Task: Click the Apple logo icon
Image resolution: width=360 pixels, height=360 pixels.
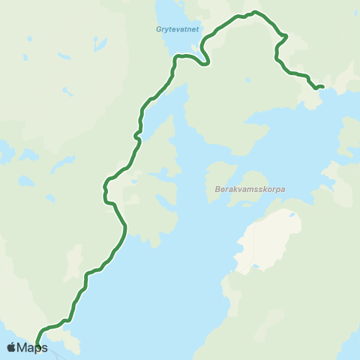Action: pyautogui.click(x=10, y=347)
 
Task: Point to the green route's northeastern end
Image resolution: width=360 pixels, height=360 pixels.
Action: pyautogui.click(x=322, y=87)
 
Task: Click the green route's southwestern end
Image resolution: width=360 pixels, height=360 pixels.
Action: pyautogui.click(x=36, y=346)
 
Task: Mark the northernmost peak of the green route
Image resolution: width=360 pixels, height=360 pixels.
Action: pyautogui.click(x=256, y=12)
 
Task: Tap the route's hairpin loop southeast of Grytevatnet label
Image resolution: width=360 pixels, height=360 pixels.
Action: pyautogui.click(x=205, y=60)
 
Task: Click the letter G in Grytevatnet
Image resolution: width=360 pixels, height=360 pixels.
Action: pyautogui.click(x=157, y=31)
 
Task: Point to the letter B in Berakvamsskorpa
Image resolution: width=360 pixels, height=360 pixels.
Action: pyautogui.click(x=207, y=190)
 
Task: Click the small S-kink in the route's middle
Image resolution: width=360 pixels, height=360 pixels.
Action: pyautogui.click(x=137, y=135)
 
